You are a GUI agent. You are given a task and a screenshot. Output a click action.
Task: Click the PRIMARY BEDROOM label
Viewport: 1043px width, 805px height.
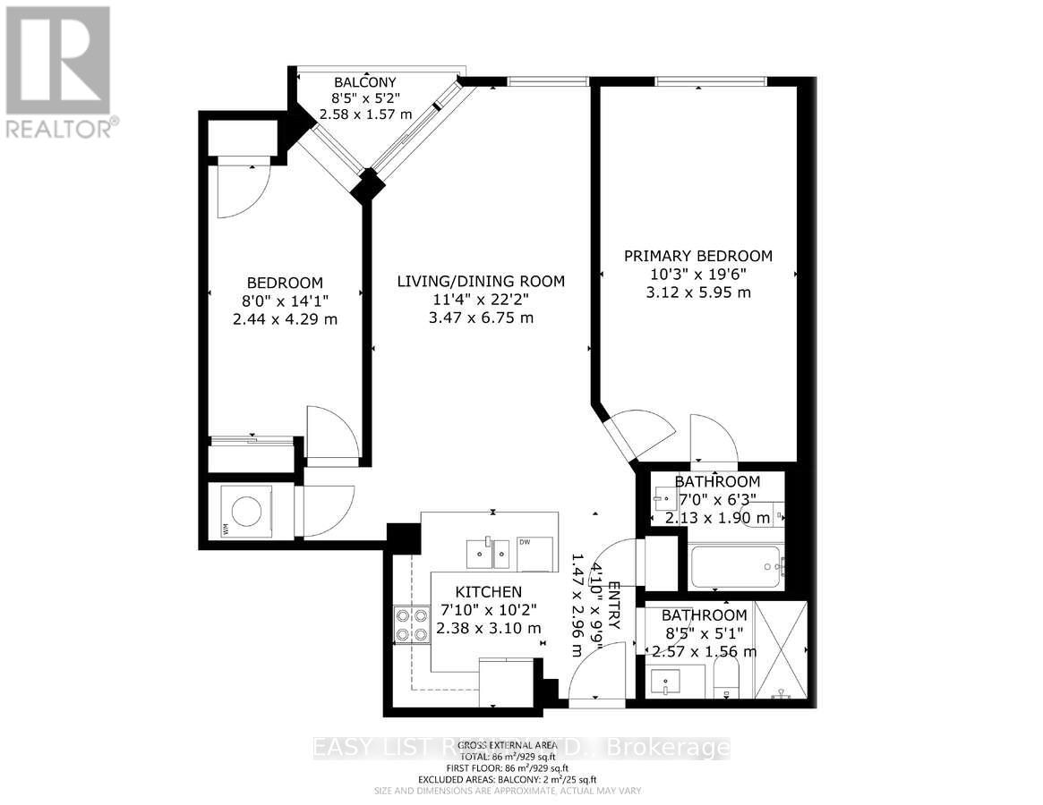pyautogui.click(x=697, y=256)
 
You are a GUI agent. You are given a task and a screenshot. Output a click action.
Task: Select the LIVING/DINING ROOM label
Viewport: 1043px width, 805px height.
pyautogui.click(x=481, y=281)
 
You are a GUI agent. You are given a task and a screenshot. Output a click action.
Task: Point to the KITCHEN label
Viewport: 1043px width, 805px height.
pyautogui.click(x=488, y=592)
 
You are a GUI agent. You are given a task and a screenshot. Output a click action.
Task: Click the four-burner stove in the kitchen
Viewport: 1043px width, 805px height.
pyautogui.click(x=411, y=624)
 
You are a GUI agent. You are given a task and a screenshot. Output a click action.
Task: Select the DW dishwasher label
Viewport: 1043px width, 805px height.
pyautogui.click(x=526, y=542)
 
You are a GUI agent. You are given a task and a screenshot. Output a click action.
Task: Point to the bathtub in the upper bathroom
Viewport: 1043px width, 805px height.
pyautogui.click(x=737, y=566)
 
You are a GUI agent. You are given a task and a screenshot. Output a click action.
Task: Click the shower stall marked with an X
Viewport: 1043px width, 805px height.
pyautogui.click(x=782, y=653)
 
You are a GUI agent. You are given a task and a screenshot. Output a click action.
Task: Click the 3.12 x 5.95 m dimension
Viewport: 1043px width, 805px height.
pyautogui.click(x=697, y=292)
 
